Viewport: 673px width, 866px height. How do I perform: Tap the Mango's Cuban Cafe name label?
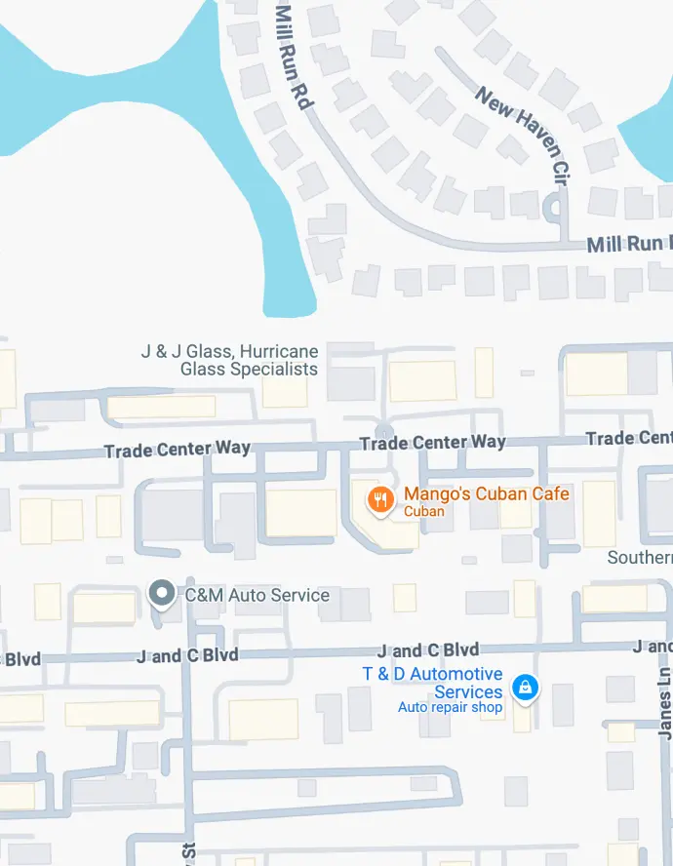[487, 493]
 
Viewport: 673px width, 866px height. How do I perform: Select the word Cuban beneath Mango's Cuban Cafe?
[424, 511]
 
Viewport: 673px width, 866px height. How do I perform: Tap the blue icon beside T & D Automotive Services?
[526, 687]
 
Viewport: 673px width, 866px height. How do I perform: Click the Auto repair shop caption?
[450, 707]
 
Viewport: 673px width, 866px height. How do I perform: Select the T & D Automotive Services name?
[433, 683]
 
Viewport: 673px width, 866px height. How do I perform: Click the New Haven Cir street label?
[523, 135]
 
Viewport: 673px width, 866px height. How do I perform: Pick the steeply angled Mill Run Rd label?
[292, 54]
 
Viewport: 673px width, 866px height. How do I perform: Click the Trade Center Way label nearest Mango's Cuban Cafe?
[432, 443]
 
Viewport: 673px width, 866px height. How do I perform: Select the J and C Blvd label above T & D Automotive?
[428, 650]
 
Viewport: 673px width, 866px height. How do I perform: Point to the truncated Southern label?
[639, 558]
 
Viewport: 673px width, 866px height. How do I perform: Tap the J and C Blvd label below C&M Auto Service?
[187, 655]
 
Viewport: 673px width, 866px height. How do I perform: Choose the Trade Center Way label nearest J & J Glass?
[177, 450]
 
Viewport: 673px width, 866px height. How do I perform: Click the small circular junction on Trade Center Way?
[383, 430]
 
